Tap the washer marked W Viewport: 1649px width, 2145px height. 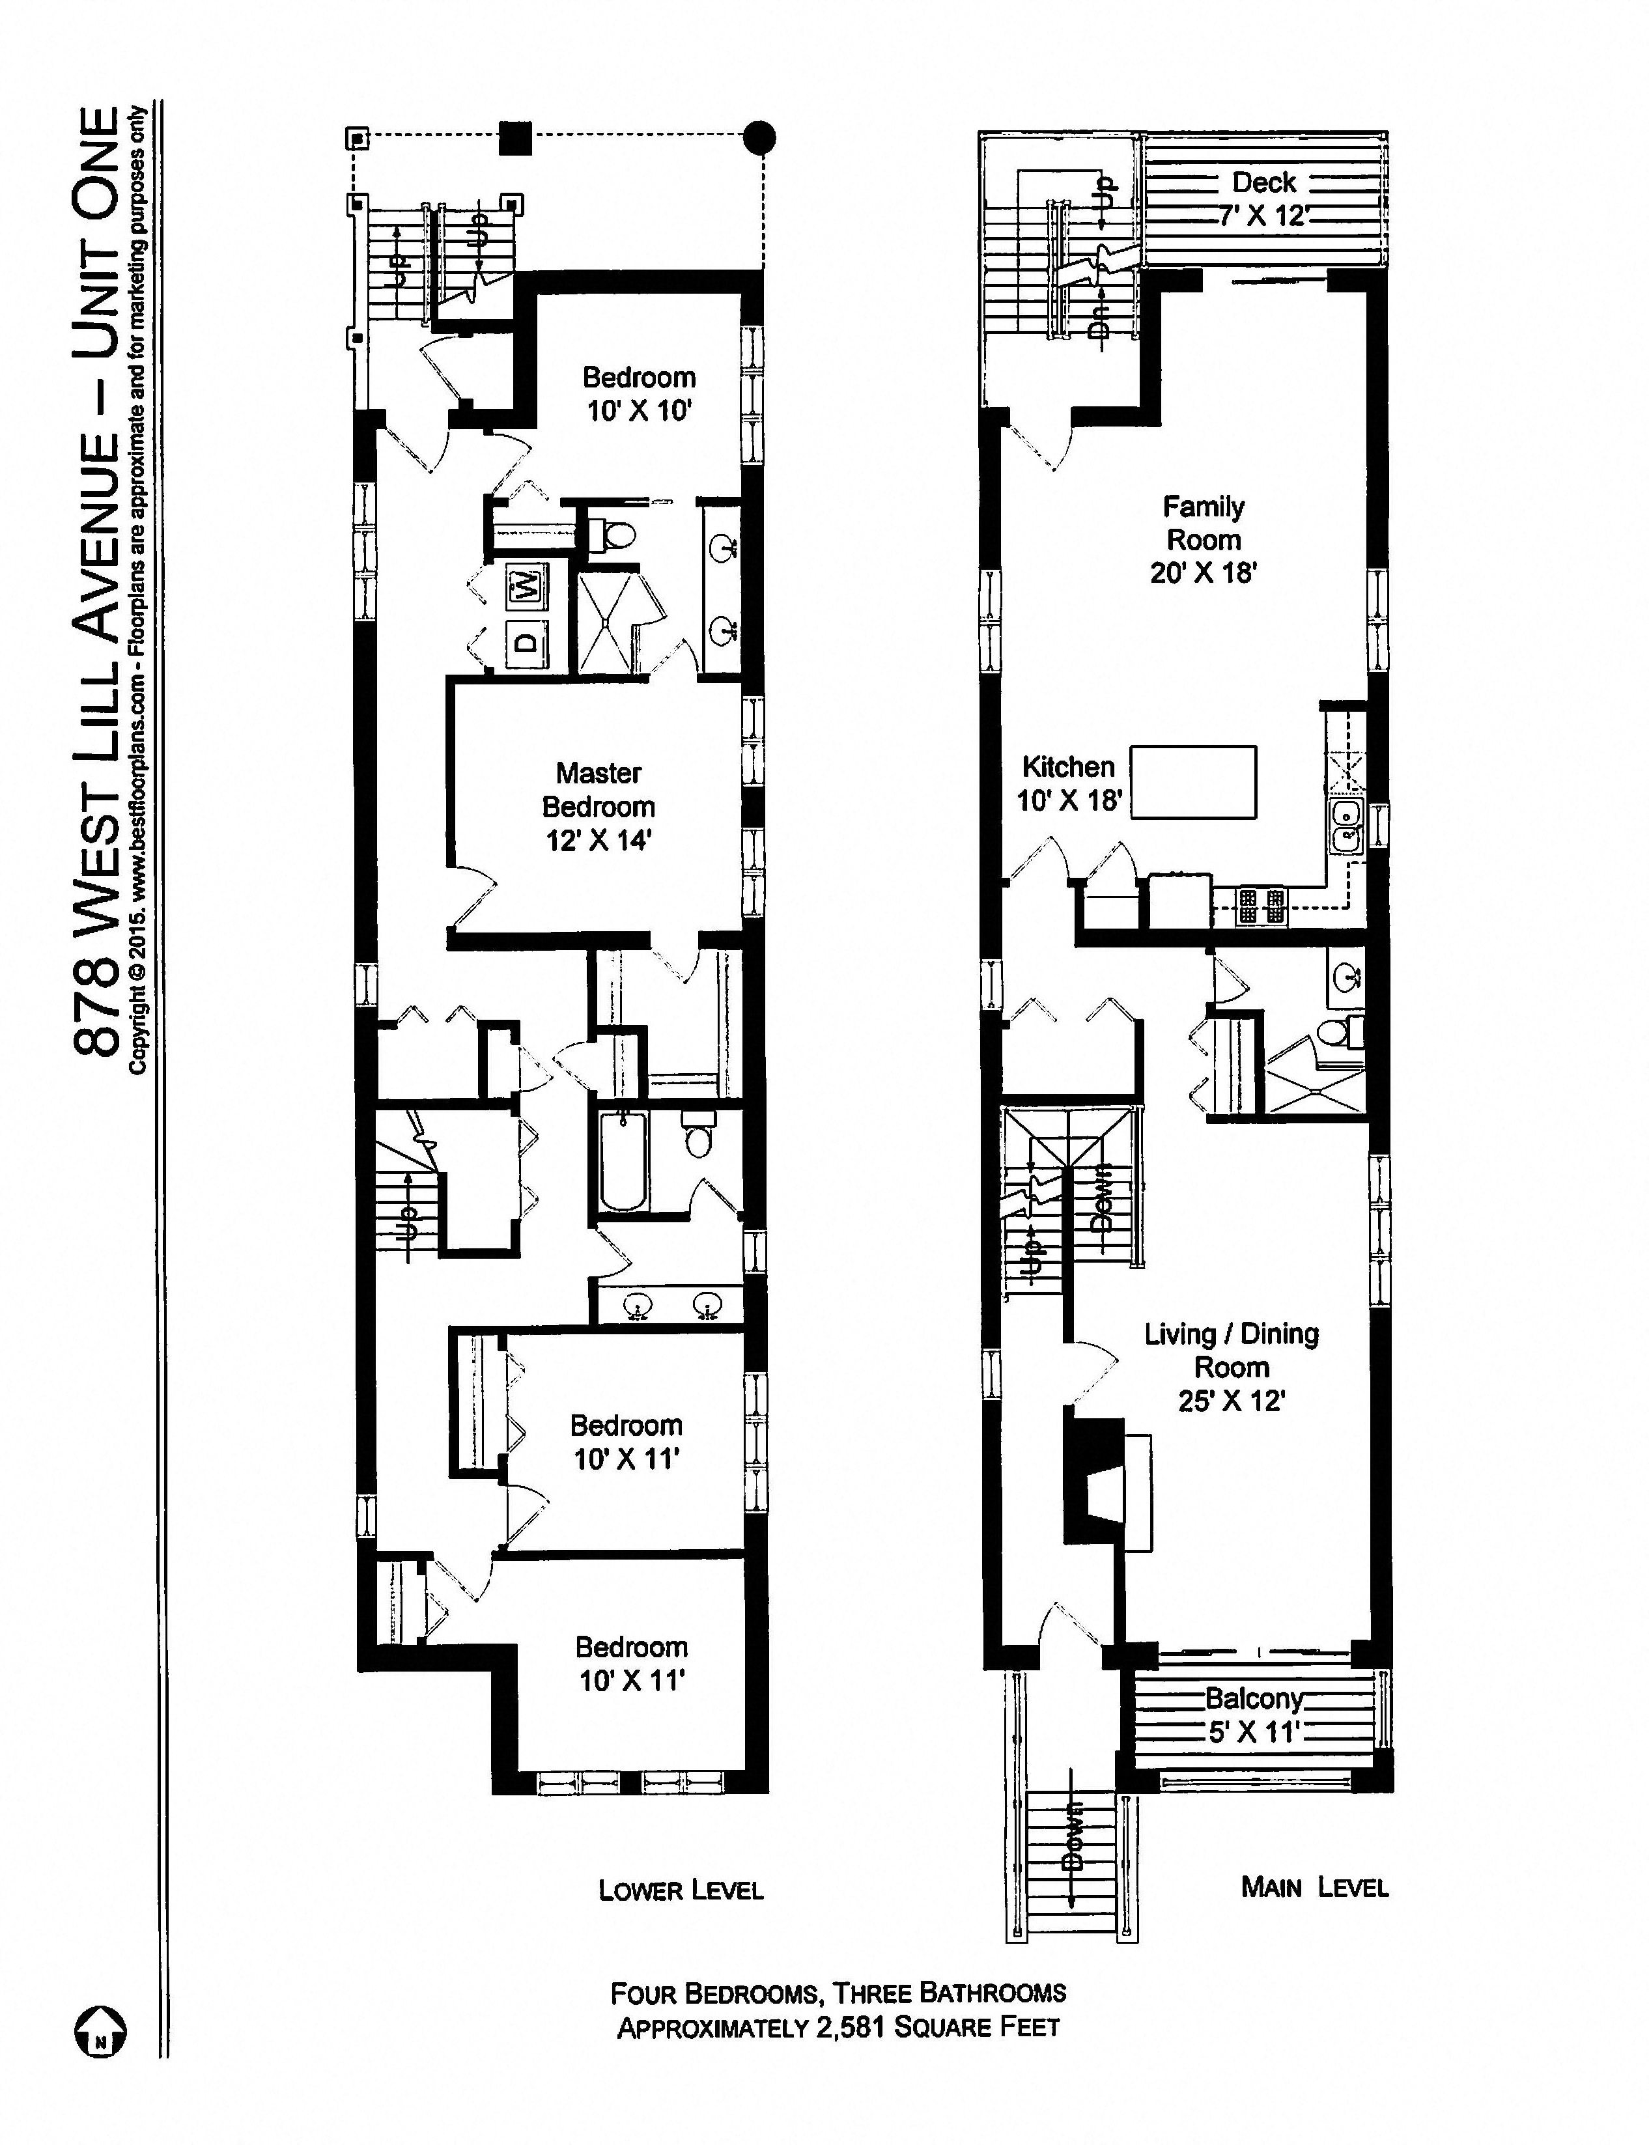(527, 588)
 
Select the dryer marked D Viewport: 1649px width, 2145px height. (527, 643)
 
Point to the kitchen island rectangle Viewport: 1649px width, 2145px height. (1192, 782)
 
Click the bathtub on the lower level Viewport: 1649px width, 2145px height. (621, 1162)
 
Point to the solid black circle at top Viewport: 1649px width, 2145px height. (759, 137)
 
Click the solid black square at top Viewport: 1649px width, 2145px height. (515, 138)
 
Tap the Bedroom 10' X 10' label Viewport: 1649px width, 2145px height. (639, 393)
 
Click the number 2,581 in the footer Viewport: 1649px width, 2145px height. (850, 2027)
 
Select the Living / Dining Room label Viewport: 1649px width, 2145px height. (1231, 1367)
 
